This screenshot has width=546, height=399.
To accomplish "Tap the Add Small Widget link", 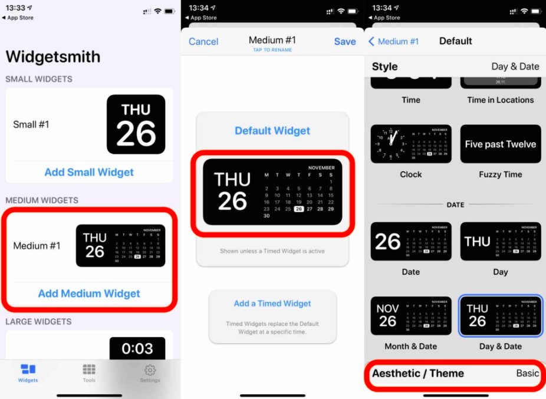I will [x=89, y=172].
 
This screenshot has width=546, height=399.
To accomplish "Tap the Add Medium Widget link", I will [x=89, y=294].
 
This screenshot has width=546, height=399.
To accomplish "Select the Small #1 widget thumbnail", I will [x=136, y=124].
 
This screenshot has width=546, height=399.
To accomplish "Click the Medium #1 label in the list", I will [x=37, y=246].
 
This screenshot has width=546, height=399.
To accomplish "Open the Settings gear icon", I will [x=150, y=370].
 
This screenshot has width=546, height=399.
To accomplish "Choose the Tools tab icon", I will [x=89, y=370].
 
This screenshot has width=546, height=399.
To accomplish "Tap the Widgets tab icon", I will [x=28, y=370].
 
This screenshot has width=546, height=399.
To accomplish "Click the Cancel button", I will [x=203, y=41].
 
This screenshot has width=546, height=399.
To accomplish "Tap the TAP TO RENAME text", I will [x=272, y=50].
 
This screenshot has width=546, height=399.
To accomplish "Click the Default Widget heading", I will [x=272, y=131].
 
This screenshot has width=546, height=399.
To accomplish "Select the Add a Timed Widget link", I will [x=272, y=304].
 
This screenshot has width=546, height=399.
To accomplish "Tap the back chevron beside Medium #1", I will [x=371, y=41].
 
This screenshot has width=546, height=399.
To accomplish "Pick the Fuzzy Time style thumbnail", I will [x=501, y=144].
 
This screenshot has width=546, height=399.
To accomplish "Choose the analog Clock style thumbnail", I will [x=411, y=144].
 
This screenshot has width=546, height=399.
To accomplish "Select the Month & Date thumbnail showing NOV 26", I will [x=411, y=316].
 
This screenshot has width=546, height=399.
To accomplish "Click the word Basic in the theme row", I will [x=527, y=373].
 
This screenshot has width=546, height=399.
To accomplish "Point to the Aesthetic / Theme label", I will [x=417, y=373].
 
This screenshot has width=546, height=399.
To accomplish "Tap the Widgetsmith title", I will [x=53, y=57].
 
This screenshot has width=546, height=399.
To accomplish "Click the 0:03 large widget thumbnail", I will [x=137, y=349].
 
